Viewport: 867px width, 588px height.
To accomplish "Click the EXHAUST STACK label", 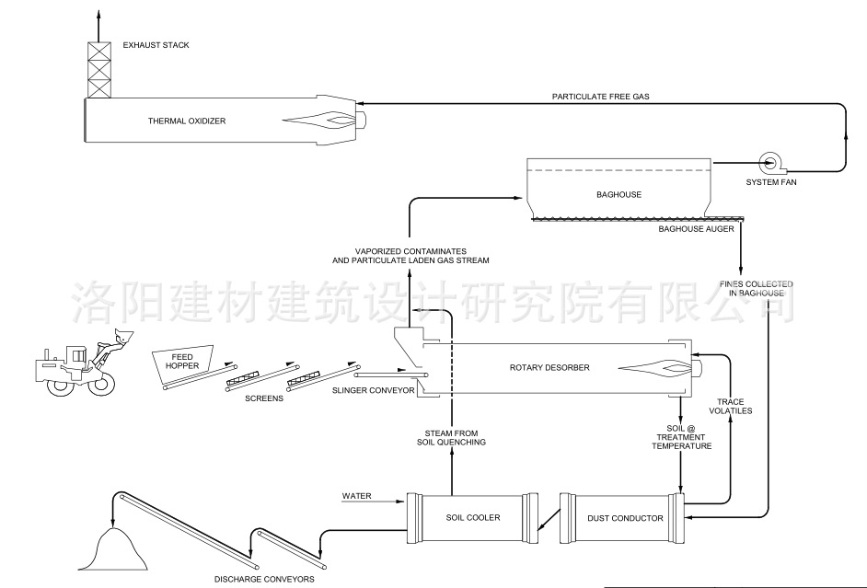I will (156, 45).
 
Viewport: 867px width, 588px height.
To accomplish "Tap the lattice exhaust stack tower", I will (98, 68).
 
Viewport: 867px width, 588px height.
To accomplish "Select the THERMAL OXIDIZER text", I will (187, 121).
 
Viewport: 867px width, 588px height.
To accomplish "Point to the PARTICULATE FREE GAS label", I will (602, 97).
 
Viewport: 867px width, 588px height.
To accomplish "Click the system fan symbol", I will (769, 164).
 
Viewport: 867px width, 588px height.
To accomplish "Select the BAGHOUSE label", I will (618, 195).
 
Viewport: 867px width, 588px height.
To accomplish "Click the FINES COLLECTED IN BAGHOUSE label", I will (755, 288).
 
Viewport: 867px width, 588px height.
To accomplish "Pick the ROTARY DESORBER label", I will (549, 368).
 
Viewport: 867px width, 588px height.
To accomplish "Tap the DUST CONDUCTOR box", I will (625, 519).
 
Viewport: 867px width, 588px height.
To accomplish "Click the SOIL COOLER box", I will (469, 518).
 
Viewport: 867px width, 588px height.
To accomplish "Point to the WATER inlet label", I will (357, 496).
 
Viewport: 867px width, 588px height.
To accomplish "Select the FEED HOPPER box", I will (181, 361).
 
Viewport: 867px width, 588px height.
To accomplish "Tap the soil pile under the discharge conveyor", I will (116, 552).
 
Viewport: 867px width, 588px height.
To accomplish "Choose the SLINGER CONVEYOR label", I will (373, 390).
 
